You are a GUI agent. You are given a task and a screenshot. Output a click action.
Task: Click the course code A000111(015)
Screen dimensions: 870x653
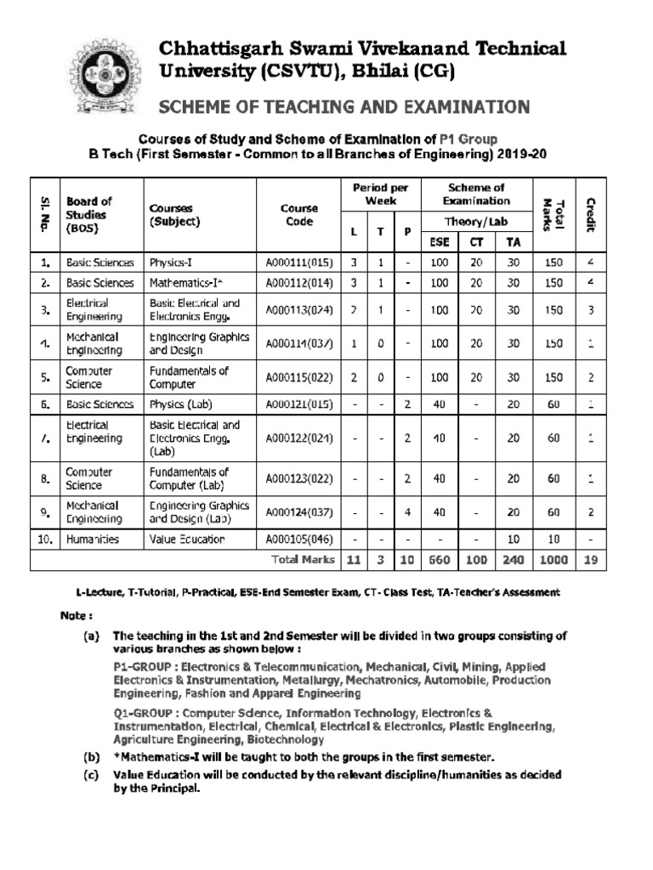298,263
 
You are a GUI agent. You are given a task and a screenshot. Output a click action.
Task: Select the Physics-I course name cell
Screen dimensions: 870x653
177,263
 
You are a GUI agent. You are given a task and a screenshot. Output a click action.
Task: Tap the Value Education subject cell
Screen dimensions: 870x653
187,539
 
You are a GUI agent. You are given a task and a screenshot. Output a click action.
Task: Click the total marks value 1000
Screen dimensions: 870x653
554,559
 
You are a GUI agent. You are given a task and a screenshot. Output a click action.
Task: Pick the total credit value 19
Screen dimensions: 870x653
590,559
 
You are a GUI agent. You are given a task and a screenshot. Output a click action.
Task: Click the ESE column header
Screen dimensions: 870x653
439,241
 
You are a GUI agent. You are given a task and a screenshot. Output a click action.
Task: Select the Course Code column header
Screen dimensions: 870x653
298,215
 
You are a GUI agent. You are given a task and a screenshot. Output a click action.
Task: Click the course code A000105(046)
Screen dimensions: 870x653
298,539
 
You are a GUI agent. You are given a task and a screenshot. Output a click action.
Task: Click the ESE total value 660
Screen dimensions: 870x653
439,559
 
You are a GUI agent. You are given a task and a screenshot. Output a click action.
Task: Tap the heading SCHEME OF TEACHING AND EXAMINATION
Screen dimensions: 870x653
344,106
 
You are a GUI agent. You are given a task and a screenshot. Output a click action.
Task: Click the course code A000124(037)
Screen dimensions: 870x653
298,511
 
